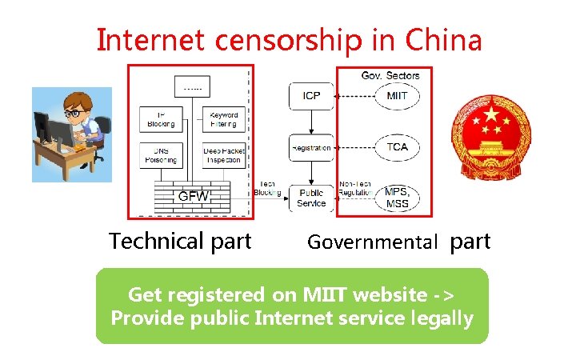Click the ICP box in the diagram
pyautogui.click(x=311, y=96)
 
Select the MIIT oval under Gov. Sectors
pyautogui.click(x=397, y=96)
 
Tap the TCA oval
pyautogui.click(x=397, y=146)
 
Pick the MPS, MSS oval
pyautogui.click(x=397, y=197)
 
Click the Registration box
pyautogui.click(x=311, y=147)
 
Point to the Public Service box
pyautogui.click(x=311, y=198)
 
